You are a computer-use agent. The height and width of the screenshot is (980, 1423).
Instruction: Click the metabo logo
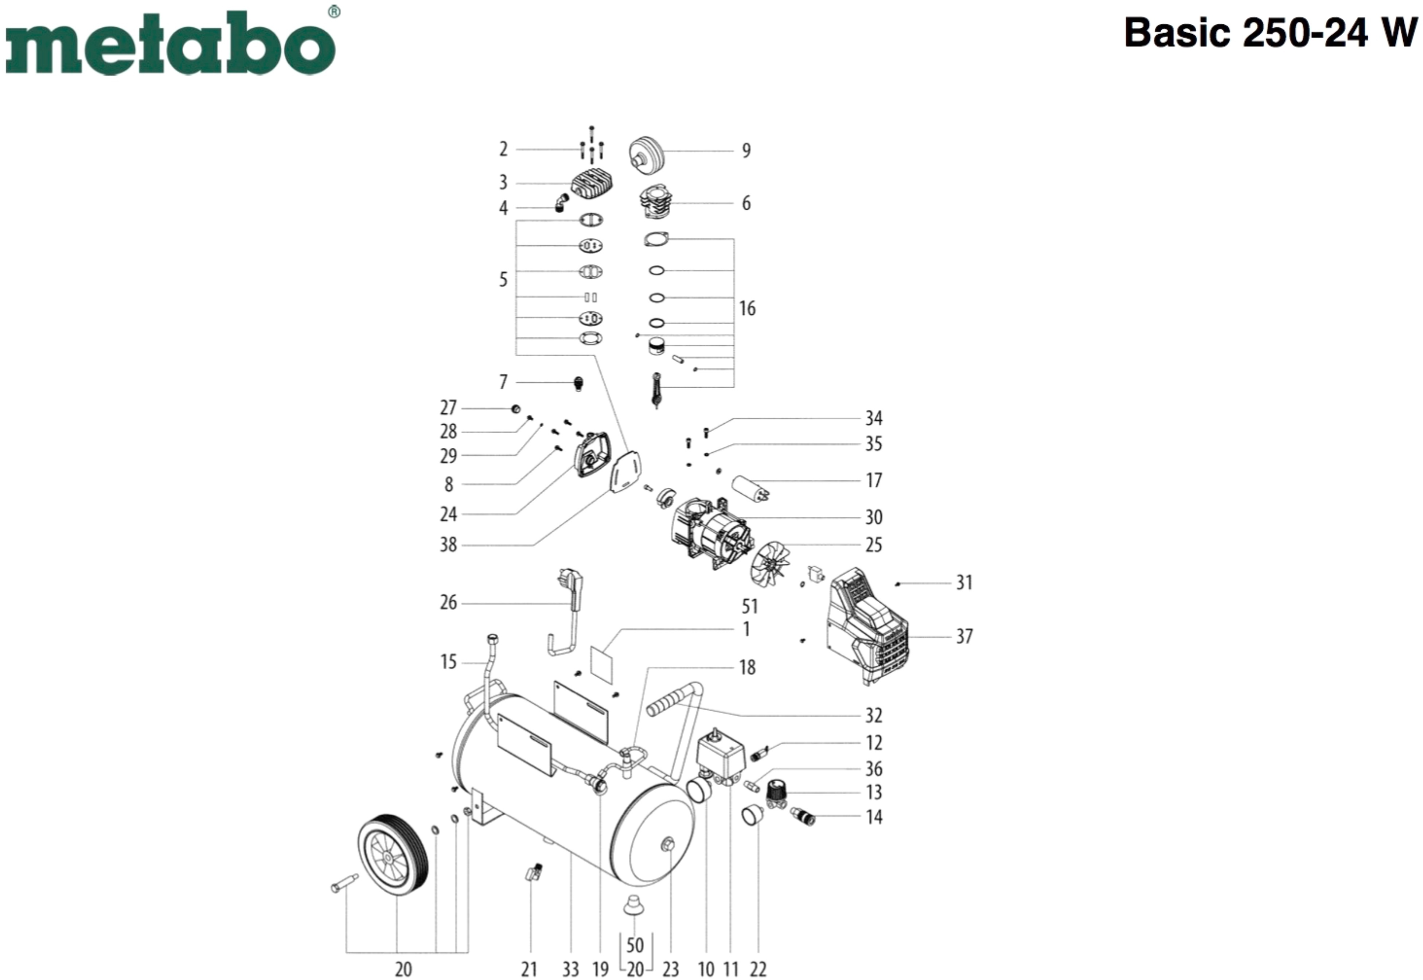pos(170,43)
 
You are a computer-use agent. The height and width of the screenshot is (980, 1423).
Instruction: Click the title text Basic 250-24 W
pos(1270,32)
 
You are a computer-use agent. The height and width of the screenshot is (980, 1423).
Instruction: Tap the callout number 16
pos(747,308)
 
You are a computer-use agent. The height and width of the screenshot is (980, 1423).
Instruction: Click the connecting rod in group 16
pos(656,390)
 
